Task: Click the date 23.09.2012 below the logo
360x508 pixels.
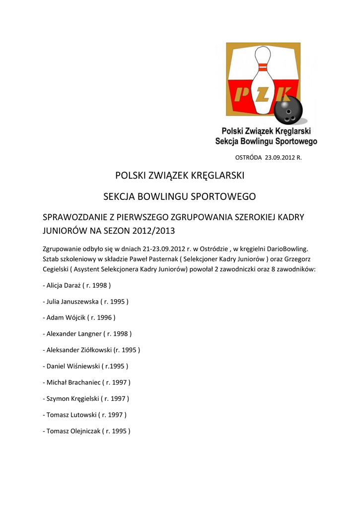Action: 280,158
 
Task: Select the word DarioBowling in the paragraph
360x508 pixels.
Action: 287,248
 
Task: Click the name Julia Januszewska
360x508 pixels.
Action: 72,301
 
